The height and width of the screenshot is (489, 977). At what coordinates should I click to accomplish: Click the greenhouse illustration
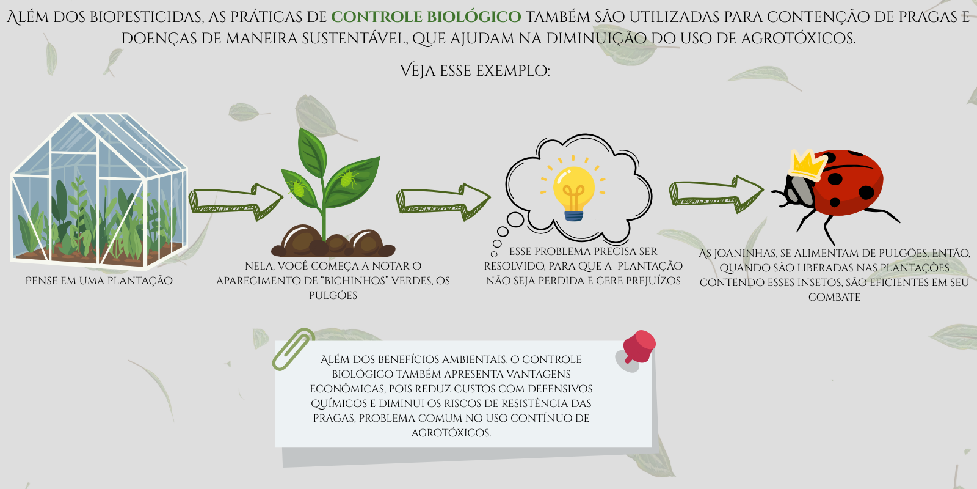99,190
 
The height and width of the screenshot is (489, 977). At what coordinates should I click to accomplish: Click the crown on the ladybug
808,164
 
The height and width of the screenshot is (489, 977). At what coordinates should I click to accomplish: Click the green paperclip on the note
294,349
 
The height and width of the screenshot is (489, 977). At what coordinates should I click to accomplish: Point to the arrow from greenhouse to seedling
236,201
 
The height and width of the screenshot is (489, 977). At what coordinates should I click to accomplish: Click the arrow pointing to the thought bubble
443,201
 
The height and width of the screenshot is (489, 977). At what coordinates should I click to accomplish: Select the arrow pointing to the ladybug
716,194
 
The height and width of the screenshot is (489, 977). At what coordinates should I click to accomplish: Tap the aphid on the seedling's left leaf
299,188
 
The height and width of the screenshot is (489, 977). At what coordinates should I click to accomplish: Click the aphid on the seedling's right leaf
349,177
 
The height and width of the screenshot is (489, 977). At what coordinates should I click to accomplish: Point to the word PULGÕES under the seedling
333,296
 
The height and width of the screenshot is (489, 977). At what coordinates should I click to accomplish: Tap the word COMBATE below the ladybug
834,297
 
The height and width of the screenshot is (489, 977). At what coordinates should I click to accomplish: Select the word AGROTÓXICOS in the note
451,433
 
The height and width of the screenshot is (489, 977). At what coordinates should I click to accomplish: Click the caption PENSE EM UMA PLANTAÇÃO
99,281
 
